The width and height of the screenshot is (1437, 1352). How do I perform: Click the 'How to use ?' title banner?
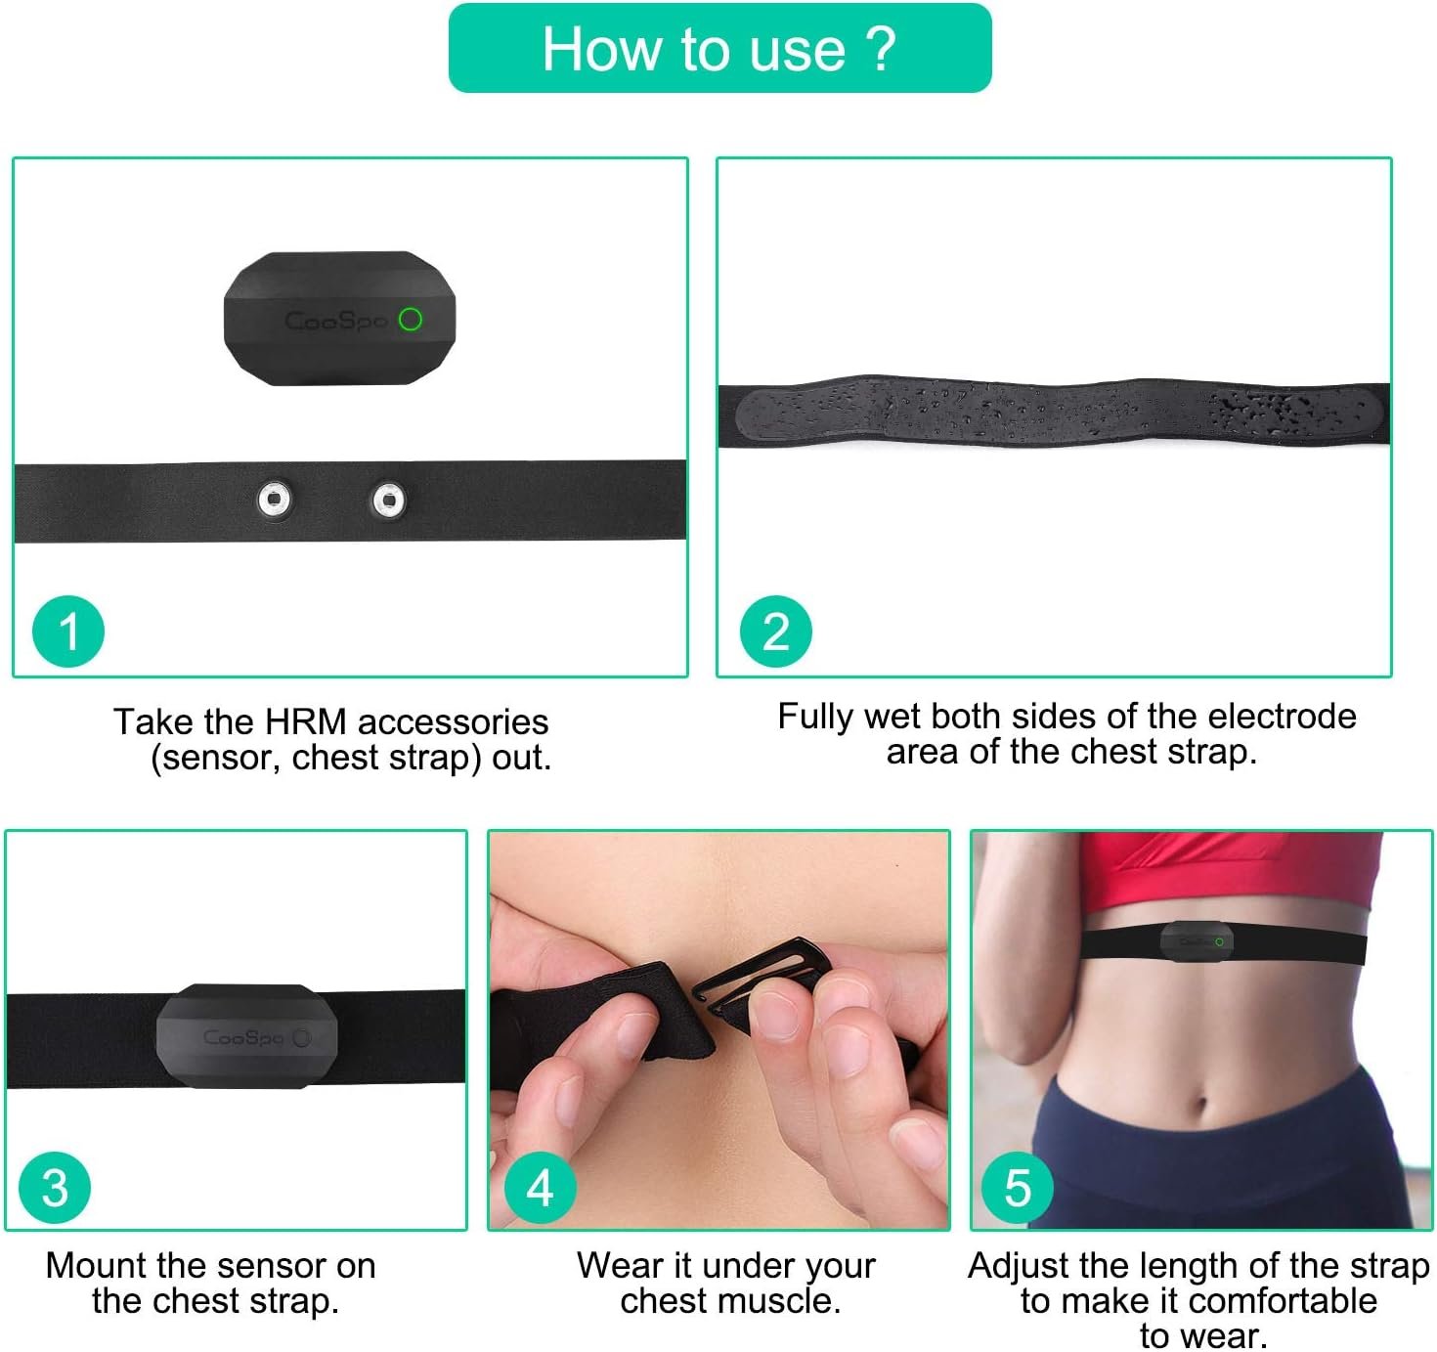[x=719, y=48]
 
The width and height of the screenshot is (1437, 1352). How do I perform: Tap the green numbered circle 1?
[x=68, y=632]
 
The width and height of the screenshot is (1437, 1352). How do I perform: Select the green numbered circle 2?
[x=775, y=632]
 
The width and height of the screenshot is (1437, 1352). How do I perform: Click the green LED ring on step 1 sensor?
[x=411, y=319]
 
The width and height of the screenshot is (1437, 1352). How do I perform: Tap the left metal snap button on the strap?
[x=275, y=500]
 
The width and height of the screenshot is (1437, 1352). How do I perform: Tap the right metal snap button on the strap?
[x=388, y=501]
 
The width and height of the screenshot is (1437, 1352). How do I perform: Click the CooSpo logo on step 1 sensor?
[x=335, y=321]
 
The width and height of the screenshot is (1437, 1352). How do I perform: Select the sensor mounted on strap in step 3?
[x=246, y=1035]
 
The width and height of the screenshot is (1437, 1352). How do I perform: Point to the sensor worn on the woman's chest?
[x=1197, y=940]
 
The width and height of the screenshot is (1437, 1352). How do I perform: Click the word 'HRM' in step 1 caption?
[x=306, y=721]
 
